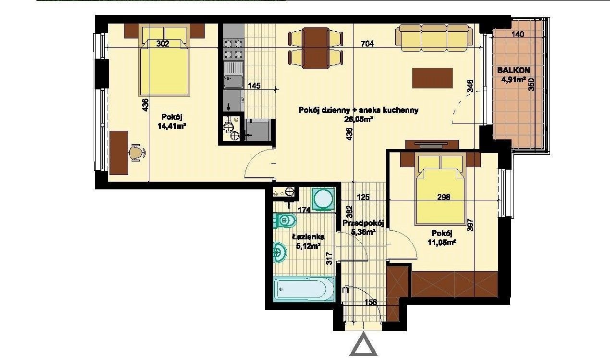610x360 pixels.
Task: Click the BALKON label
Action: (513, 70)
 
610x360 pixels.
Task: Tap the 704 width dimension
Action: (367, 43)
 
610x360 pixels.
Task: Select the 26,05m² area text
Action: (358, 119)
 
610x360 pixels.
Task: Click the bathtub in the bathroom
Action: (304, 289)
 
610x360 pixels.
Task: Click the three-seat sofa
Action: (434, 38)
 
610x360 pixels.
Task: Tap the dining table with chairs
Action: (316, 48)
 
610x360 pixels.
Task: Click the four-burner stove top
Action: (233, 50)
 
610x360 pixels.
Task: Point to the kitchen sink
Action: (233, 75)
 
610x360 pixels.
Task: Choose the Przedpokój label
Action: (363, 223)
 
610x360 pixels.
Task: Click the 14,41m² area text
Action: (171, 126)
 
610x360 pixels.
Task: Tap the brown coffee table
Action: (432, 78)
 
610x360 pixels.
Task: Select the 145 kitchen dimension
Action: (254, 86)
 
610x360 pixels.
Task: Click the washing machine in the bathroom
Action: (323, 199)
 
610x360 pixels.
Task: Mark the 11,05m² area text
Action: (442, 242)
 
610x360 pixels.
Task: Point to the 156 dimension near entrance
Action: (371, 302)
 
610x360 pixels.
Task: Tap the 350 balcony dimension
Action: (532, 84)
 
